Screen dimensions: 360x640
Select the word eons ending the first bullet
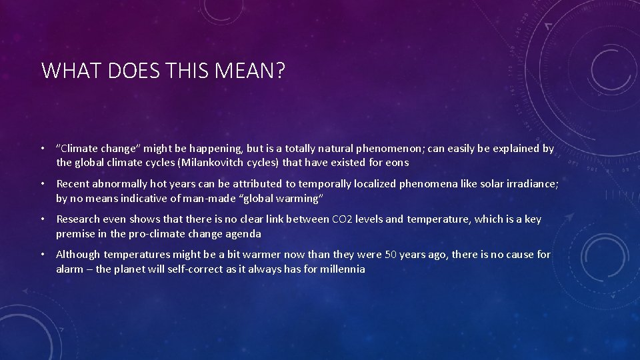(x=397, y=163)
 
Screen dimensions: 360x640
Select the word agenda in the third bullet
(x=243, y=233)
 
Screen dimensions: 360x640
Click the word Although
(x=79, y=254)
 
